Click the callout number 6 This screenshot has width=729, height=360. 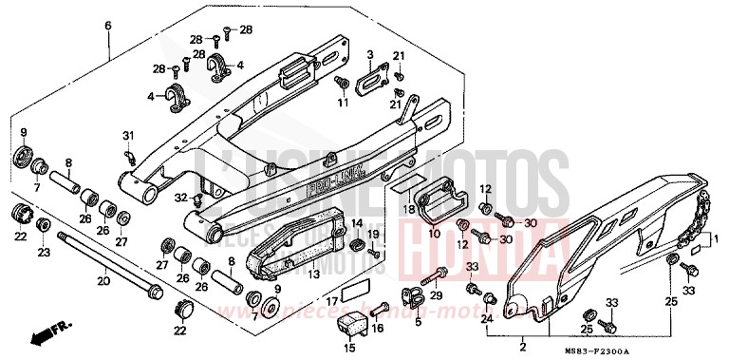(x=107, y=25)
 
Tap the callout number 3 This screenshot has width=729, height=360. (x=371, y=54)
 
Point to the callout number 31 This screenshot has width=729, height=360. (x=128, y=135)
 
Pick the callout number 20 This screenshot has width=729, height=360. (x=103, y=281)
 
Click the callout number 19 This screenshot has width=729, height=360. (x=374, y=234)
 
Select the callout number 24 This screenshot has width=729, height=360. (x=488, y=320)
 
